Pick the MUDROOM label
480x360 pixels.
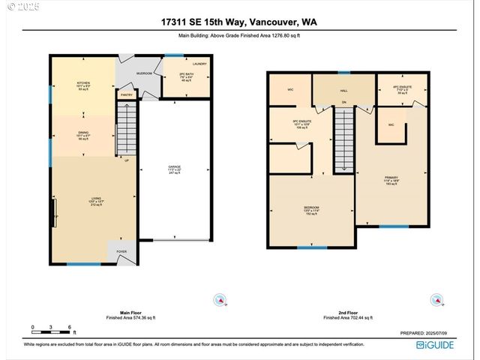tap(143, 73)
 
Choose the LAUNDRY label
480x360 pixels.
tap(199, 64)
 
